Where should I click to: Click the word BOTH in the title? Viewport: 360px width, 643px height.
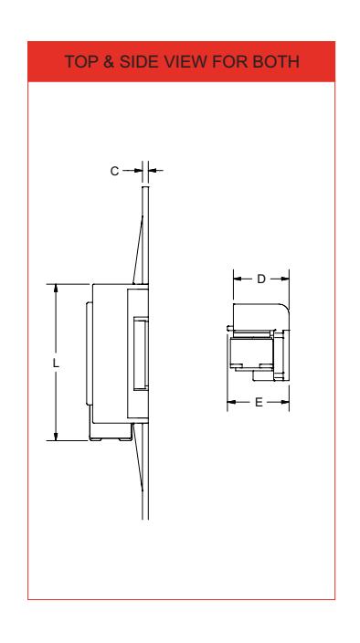(276, 61)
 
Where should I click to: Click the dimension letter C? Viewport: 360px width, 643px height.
(114, 171)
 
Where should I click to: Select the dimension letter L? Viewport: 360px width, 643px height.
(56, 363)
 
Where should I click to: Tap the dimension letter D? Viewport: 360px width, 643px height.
(261, 279)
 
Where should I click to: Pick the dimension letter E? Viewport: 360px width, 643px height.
(259, 402)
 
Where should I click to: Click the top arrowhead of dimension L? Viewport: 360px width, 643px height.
(56, 289)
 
